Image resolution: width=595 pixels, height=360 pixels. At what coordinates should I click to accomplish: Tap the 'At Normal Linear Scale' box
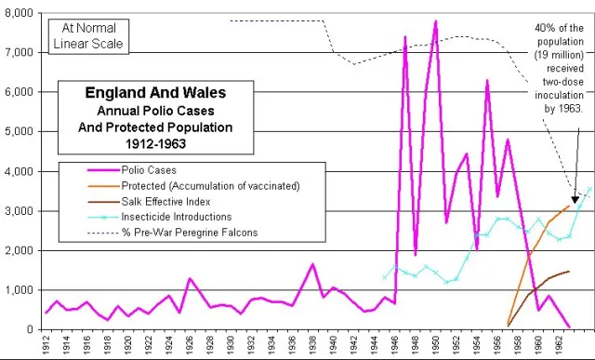(x=86, y=33)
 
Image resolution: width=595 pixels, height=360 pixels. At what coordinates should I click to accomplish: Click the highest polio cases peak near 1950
(x=435, y=20)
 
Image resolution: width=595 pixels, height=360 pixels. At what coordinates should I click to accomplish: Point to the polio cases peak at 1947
(x=405, y=37)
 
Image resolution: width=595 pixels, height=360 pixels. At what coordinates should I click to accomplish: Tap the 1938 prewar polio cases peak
(x=313, y=264)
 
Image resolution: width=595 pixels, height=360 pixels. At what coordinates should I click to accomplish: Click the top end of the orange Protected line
(x=570, y=206)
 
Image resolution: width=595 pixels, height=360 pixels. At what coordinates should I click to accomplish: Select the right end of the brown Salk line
(x=569, y=272)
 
